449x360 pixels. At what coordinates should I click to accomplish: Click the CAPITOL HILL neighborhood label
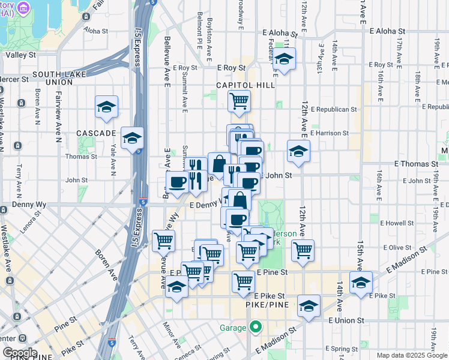coord(246,85)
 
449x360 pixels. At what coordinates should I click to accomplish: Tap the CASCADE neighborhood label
coord(95,133)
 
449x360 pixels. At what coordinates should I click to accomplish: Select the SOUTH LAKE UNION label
coord(59,79)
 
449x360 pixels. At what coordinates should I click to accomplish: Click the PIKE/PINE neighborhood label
coord(268,305)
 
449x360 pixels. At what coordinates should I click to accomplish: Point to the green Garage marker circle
coord(256,328)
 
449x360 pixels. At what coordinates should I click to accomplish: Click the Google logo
coord(19,353)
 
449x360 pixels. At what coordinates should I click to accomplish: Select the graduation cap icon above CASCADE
coord(106,107)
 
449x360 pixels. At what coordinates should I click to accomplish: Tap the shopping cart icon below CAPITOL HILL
coord(239,101)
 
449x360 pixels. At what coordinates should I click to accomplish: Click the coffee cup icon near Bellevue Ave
coord(177,181)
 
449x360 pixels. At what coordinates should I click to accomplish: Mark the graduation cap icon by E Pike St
coord(361,283)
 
